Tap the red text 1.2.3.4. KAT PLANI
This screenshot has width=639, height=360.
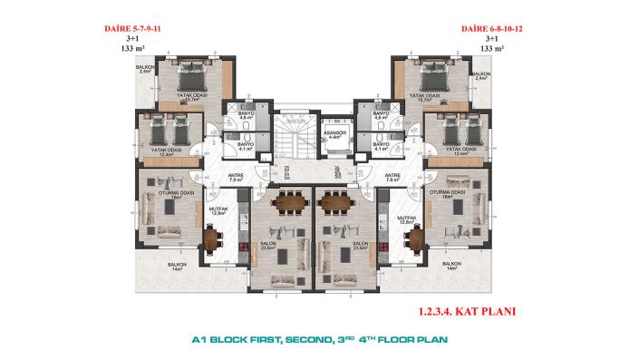point(468,310)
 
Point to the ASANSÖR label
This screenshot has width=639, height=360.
point(331,133)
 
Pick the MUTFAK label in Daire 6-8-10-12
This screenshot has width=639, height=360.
point(407,218)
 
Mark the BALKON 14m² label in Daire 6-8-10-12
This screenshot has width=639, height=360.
point(452,266)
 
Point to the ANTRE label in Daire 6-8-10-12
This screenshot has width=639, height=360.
point(392,178)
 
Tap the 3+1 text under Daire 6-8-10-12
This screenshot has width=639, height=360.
point(492,40)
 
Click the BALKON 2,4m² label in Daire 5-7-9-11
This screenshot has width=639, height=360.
point(144,70)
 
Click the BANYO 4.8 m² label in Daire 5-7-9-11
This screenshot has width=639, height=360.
point(244,117)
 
